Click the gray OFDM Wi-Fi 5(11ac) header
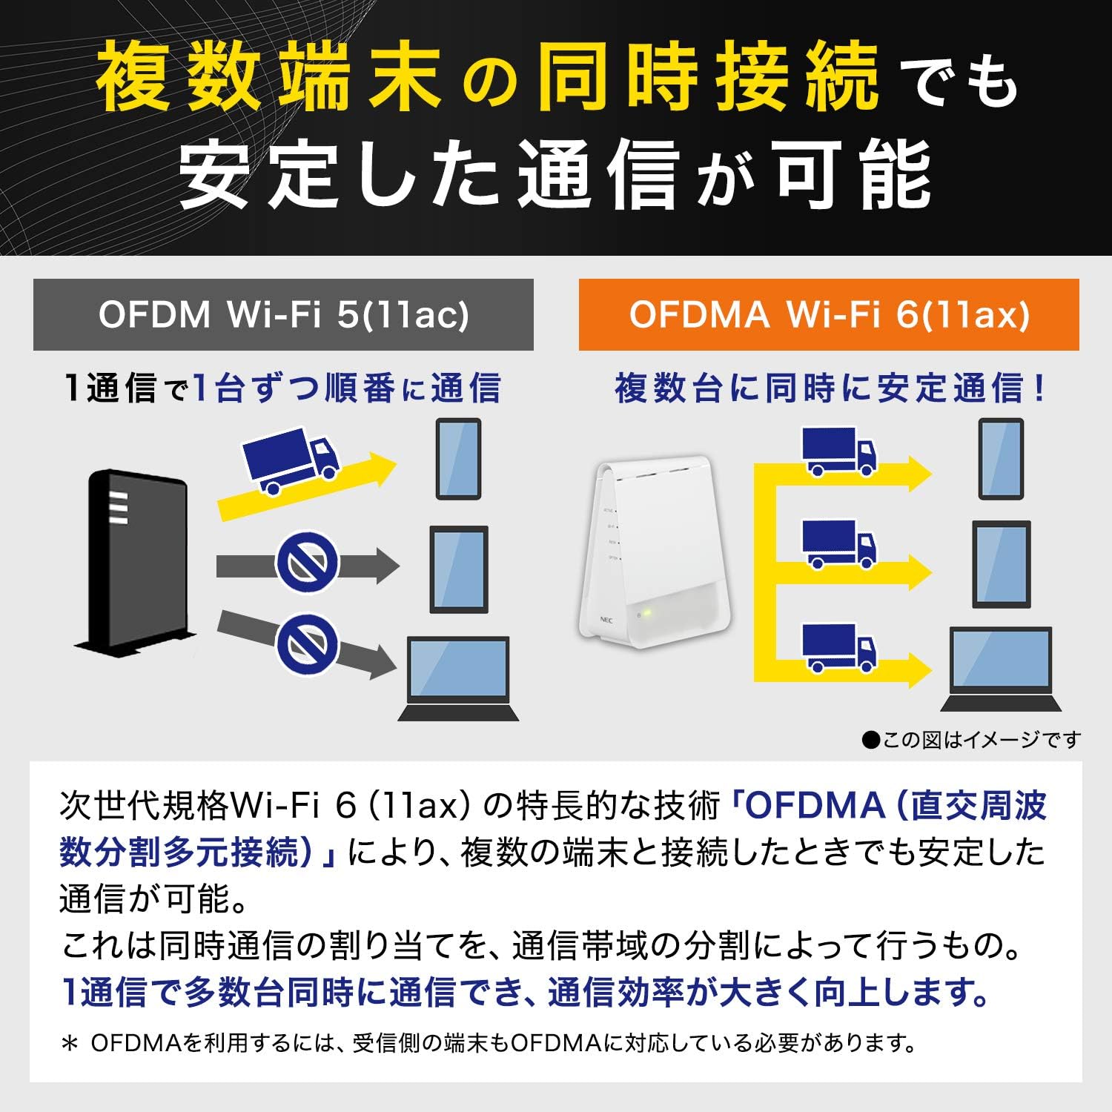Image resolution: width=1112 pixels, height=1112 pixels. (283, 314)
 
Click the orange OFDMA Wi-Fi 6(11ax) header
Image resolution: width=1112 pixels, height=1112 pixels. (829, 314)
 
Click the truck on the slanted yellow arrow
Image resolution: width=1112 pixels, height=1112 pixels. (291, 460)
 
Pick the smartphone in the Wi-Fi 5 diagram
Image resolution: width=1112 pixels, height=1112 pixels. (458, 459)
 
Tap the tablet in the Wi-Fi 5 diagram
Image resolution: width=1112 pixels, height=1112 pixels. (460, 569)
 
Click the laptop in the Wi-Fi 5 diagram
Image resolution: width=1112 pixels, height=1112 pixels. (459, 678)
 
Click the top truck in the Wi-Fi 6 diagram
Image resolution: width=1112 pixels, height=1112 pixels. (839, 451)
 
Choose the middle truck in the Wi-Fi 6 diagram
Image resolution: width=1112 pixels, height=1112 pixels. (839, 544)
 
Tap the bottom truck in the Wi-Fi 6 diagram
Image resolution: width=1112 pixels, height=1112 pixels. (839, 648)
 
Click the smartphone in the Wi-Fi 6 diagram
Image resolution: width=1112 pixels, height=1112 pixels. (1002, 459)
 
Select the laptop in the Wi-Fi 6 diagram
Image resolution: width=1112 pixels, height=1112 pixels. (1002, 669)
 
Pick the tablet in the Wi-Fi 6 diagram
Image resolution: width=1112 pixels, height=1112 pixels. (1002, 564)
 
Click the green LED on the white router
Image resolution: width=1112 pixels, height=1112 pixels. (647, 613)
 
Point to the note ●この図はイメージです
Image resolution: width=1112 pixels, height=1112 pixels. (972, 739)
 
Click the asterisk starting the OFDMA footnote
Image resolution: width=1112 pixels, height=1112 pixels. (70, 1044)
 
